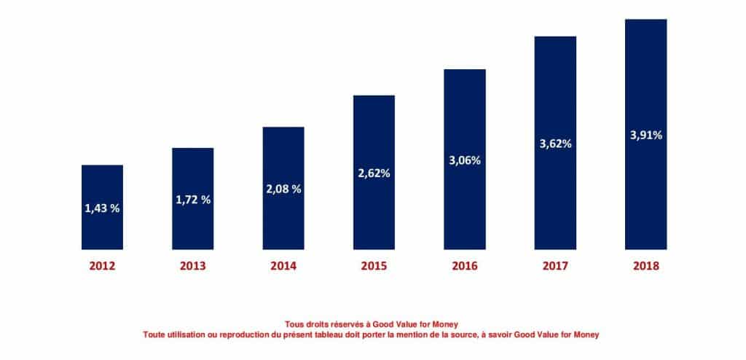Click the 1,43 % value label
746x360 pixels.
[102, 208]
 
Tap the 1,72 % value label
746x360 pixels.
[193, 200]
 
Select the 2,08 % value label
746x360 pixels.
[283, 189]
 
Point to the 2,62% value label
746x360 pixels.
[374, 173]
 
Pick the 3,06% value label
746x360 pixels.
[465, 160]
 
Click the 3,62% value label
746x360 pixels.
[555, 144]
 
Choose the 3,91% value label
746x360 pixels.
[645, 135]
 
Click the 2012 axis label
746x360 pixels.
[102, 266]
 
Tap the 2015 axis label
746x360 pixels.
[374, 266]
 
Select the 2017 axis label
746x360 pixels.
[555, 266]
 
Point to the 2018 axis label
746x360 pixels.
[645, 266]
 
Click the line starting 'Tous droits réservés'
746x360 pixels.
[372, 324]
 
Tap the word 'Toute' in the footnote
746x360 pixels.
[157, 334]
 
